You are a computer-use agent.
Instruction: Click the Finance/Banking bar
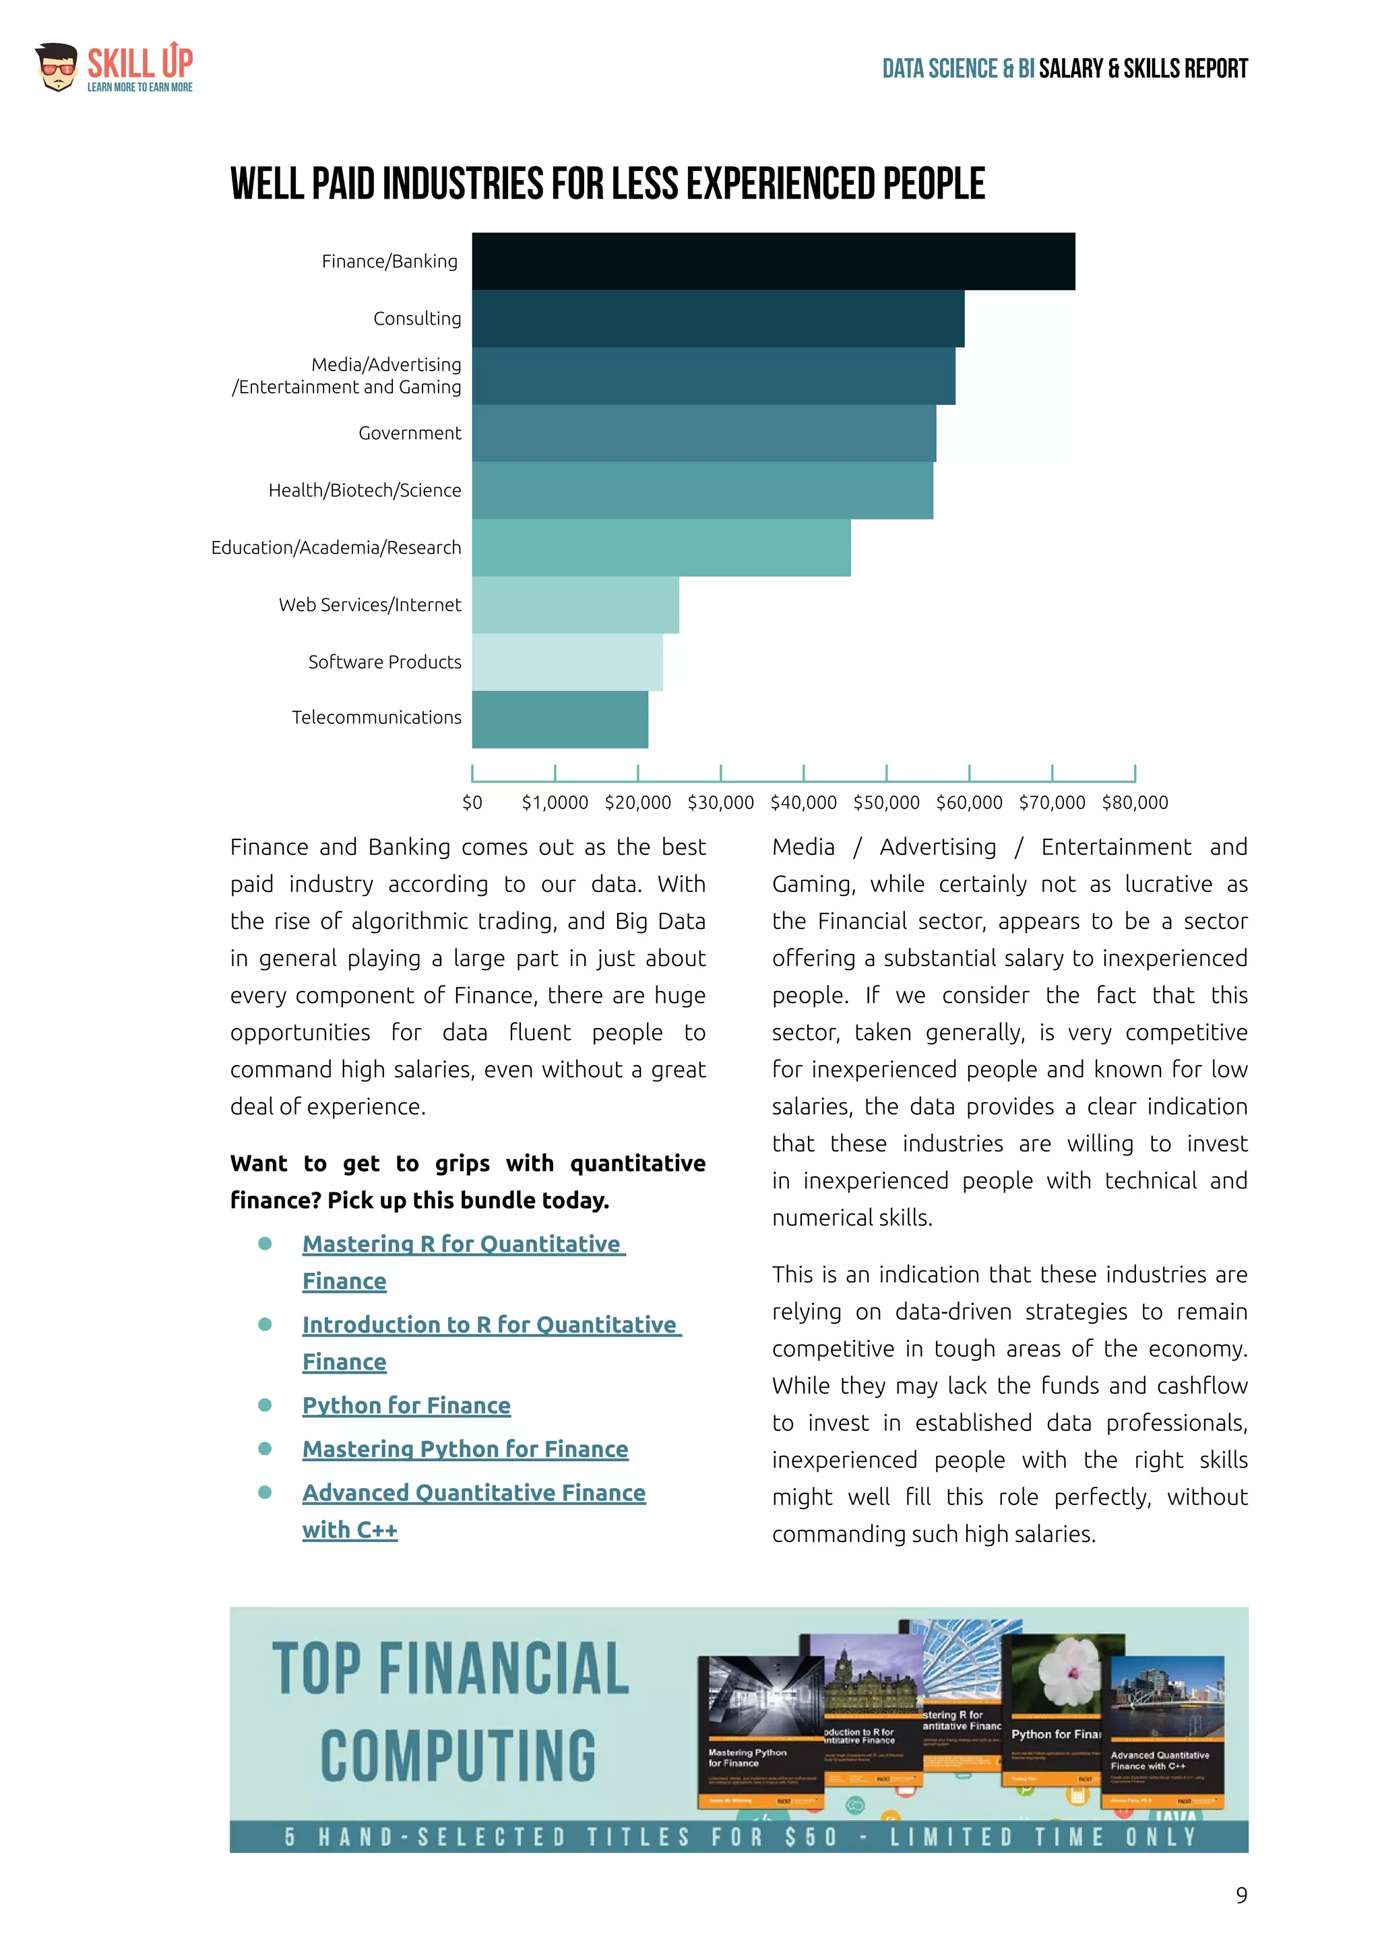coord(774,261)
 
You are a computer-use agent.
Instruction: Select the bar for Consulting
coord(718,319)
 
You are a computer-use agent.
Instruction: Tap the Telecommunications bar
coord(560,719)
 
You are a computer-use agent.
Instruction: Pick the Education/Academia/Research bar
coord(661,547)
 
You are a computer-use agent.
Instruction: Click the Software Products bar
coord(567,662)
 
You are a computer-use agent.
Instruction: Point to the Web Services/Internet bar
coord(575,604)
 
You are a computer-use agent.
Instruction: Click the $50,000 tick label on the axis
coord(886,802)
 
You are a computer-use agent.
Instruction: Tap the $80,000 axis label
coord(1135,802)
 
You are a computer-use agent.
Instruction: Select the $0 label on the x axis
coord(472,802)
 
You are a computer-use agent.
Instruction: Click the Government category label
coord(410,433)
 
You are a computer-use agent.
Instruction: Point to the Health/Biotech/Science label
coord(365,490)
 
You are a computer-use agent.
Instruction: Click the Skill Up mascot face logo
coord(57,67)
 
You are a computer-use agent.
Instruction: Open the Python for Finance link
coord(406,1405)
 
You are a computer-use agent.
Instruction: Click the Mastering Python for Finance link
coord(465,1449)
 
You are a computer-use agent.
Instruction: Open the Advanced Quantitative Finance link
coord(473,1493)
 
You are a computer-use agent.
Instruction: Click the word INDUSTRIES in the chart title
coord(462,185)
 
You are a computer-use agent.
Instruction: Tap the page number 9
coord(1241,1896)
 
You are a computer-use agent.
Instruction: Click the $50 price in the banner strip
coord(811,1837)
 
